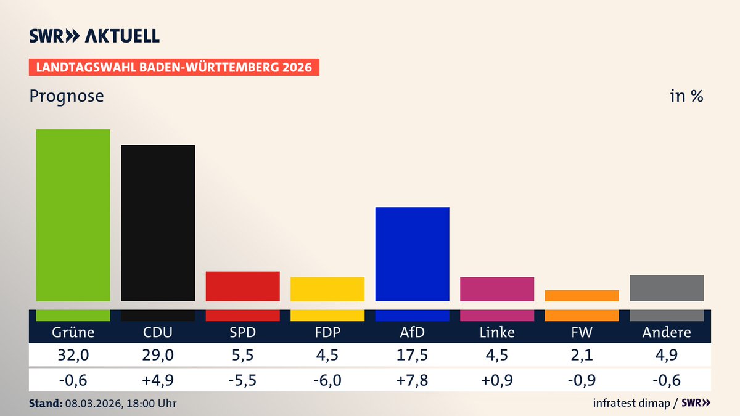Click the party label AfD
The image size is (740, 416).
pyautogui.click(x=412, y=333)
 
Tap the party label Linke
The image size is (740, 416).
pyautogui.click(x=497, y=333)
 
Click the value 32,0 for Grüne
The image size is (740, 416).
pyautogui.click(x=73, y=356)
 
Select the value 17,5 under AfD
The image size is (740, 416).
pyautogui.click(x=412, y=356)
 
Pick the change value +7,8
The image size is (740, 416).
pyautogui.click(x=412, y=379)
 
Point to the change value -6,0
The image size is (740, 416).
pyautogui.click(x=327, y=379)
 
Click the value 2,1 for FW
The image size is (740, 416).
pyautogui.click(x=582, y=356)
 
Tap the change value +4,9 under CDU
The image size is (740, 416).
pyautogui.click(x=158, y=379)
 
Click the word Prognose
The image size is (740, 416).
pyautogui.click(x=67, y=97)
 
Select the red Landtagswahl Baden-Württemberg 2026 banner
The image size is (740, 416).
pyautogui.click(x=174, y=67)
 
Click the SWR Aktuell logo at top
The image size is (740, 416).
pyautogui.click(x=94, y=36)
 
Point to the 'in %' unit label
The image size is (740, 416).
pyautogui.click(x=686, y=97)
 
